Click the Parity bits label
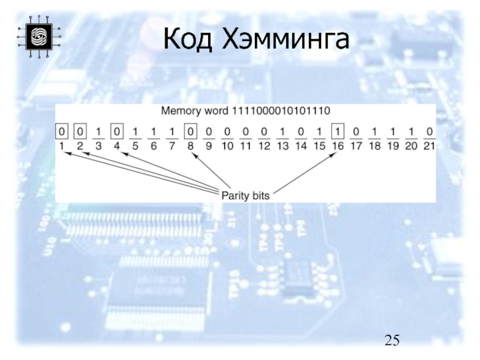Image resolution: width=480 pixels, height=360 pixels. (x=246, y=195)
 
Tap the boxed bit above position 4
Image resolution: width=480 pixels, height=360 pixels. (x=118, y=131)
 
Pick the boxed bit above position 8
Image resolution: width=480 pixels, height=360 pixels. (x=190, y=131)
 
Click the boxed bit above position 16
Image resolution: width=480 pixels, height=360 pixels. (x=337, y=131)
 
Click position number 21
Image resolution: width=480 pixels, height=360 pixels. (x=428, y=146)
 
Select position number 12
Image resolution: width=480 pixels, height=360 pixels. (x=263, y=146)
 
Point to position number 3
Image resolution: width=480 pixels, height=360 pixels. (x=100, y=146)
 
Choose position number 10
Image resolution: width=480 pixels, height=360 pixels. (x=227, y=146)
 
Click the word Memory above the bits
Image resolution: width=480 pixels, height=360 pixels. (x=179, y=112)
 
